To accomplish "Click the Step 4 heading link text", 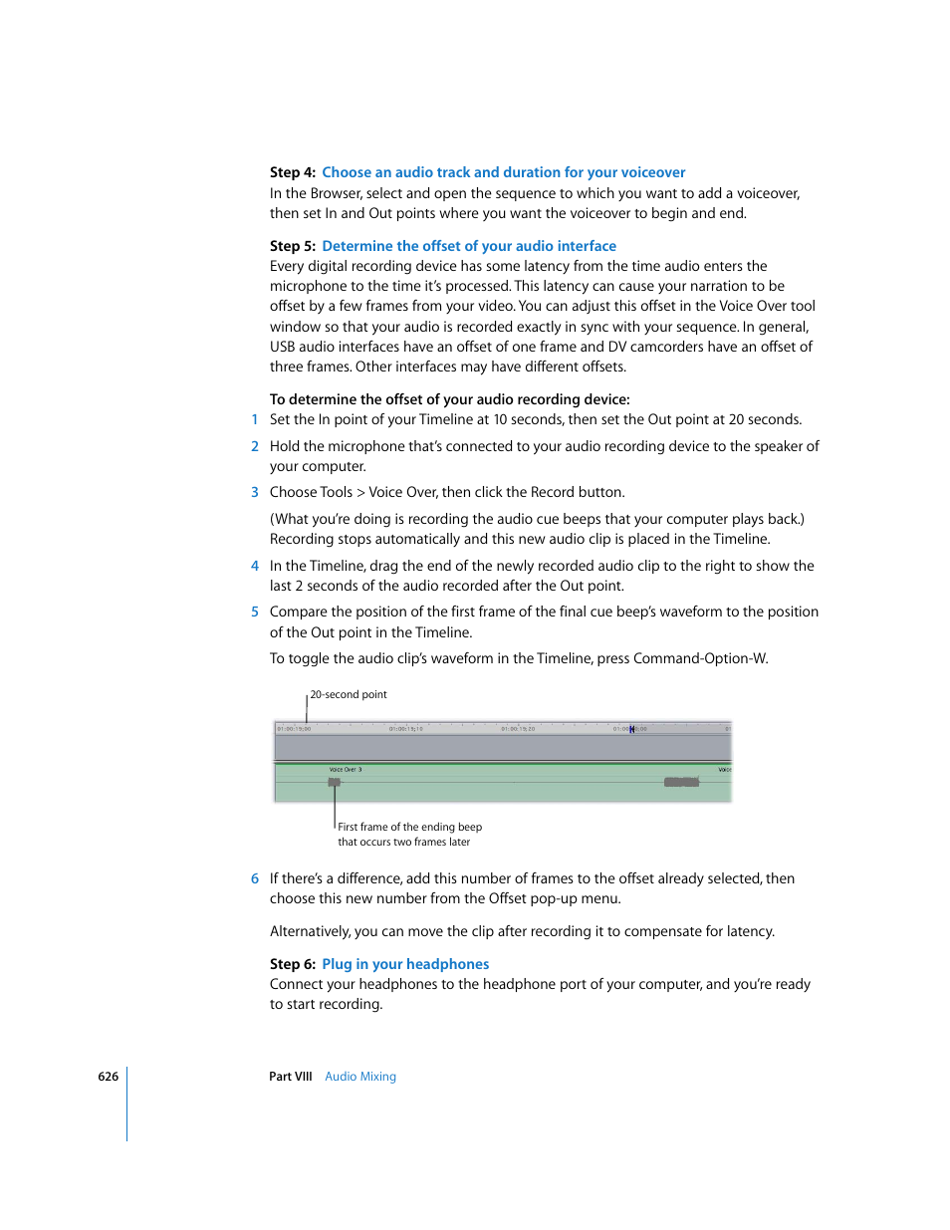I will pyautogui.click(x=503, y=172).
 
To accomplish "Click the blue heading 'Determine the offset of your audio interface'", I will pyautogui.click(x=468, y=246).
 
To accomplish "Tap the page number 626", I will pyautogui.click(x=108, y=1077).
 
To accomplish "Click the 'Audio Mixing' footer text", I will pyautogui.click(x=360, y=1077).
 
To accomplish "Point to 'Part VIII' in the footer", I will pyautogui.click(x=290, y=1077).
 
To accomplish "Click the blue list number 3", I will pyautogui.click(x=255, y=492).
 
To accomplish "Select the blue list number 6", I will pyautogui.click(x=255, y=878).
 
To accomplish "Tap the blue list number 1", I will pyautogui.click(x=255, y=419).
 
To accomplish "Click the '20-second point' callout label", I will pyautogui.click(x=349, y=694).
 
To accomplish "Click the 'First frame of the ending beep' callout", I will pyautogui.click(x=409, y=827).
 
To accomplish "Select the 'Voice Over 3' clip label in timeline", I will pyautogui.click(x=346, y=770).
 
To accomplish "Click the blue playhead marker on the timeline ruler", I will pyautogui.click(x=631, y=729).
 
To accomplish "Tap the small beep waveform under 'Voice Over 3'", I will pyautogui.click(x=335, y=783).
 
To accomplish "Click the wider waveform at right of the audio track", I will pyautogui.click(x=681, y=783).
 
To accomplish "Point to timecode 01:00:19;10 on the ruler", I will pyautogui.click(x=405, y=729).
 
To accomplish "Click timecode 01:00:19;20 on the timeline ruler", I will pyautogui.click(x=518, y=729).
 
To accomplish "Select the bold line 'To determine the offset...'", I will pyautogui.click(x=449, y=399).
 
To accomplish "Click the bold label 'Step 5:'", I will pyautogui.click(x=292, y=246).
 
